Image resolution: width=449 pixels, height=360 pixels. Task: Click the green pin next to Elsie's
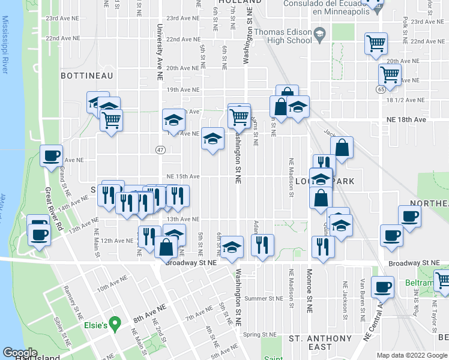click(118, 326)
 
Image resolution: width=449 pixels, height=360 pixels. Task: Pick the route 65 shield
click(398, 89)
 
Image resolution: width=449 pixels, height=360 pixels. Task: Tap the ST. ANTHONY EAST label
click(320, 343)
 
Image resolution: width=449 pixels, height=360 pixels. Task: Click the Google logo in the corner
click(20, 352)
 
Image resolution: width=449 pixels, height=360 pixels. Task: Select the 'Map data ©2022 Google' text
click(411, 355)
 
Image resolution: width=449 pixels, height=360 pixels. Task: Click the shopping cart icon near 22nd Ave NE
click(376, 43)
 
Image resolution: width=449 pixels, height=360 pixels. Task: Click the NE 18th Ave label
click(406, 120)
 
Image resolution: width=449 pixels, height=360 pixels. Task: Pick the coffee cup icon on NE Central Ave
click(382, 287)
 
